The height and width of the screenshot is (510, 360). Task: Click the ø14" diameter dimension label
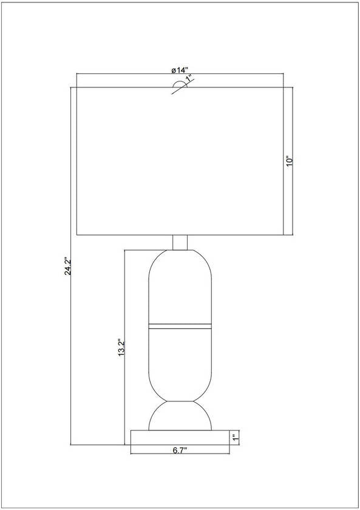pos(180,69)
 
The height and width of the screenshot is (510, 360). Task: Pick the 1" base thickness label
pos(234,437)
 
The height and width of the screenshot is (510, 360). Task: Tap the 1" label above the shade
pos(189,79)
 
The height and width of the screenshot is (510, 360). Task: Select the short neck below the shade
pos(180,242)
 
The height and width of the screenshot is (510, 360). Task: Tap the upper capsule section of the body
pos(180,285)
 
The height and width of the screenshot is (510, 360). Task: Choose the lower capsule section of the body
pos(180,364)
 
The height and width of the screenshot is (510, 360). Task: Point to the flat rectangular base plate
pos(180,437)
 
